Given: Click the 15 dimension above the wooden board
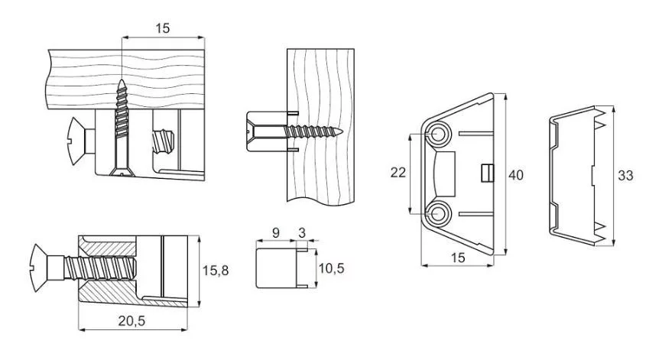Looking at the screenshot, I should click(x=161, y=28).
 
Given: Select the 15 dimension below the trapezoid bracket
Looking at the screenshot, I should click(x=457, y=258).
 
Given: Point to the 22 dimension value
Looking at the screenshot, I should click(x=398, y=173).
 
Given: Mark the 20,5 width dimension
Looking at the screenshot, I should click(x=133, y=321).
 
